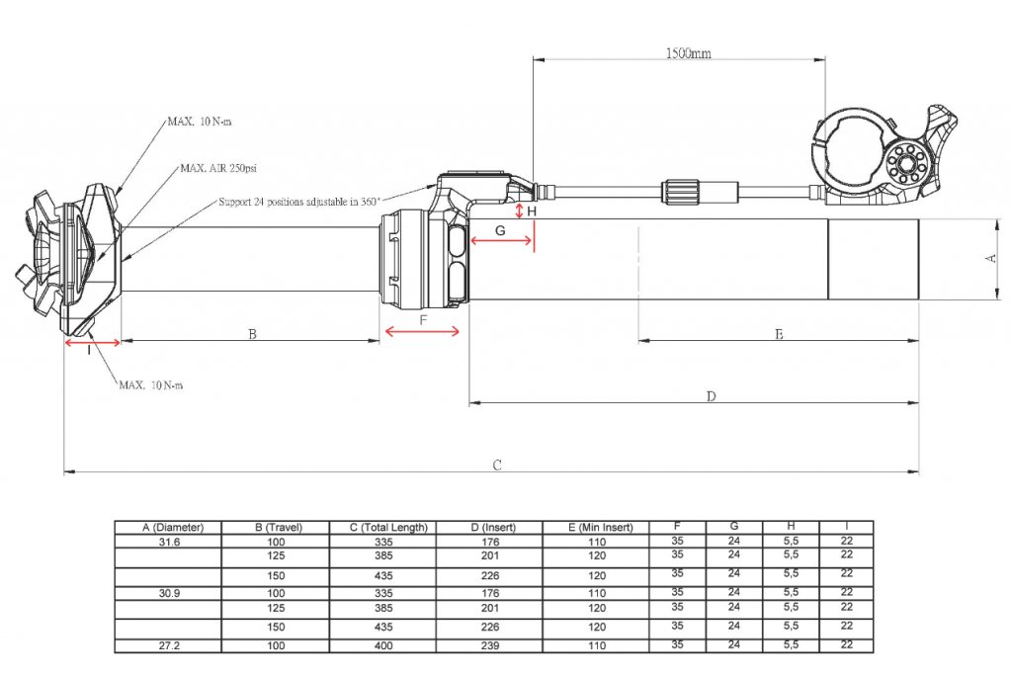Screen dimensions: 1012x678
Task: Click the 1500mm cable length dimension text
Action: [x=689, y=53]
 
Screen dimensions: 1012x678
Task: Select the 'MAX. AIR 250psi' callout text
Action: [x=218, y=169]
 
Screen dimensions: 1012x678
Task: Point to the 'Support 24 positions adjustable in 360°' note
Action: [x=299, y=202]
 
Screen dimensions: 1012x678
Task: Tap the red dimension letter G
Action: [x=500, y=230]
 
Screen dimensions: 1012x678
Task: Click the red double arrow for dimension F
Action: [x=422, y=332]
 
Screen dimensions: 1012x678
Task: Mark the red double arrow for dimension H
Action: [x=519, y=211]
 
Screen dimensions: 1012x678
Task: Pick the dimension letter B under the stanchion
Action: [x=253, y=334]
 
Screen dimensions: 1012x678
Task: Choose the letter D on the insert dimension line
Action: [x=712, y=395]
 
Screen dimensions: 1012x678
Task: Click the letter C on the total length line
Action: [x=497, y=465]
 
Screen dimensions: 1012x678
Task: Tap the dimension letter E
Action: [x=779, y=334]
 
